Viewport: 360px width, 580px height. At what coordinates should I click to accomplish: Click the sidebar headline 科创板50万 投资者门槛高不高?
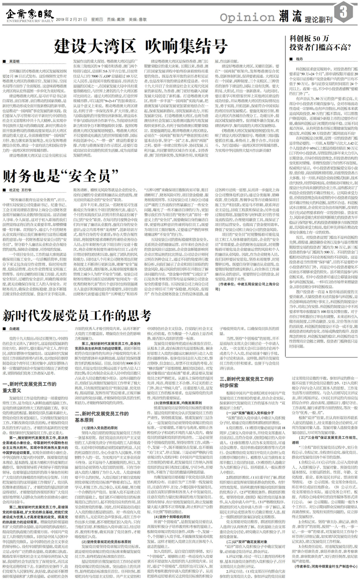[x=315, y=43]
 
